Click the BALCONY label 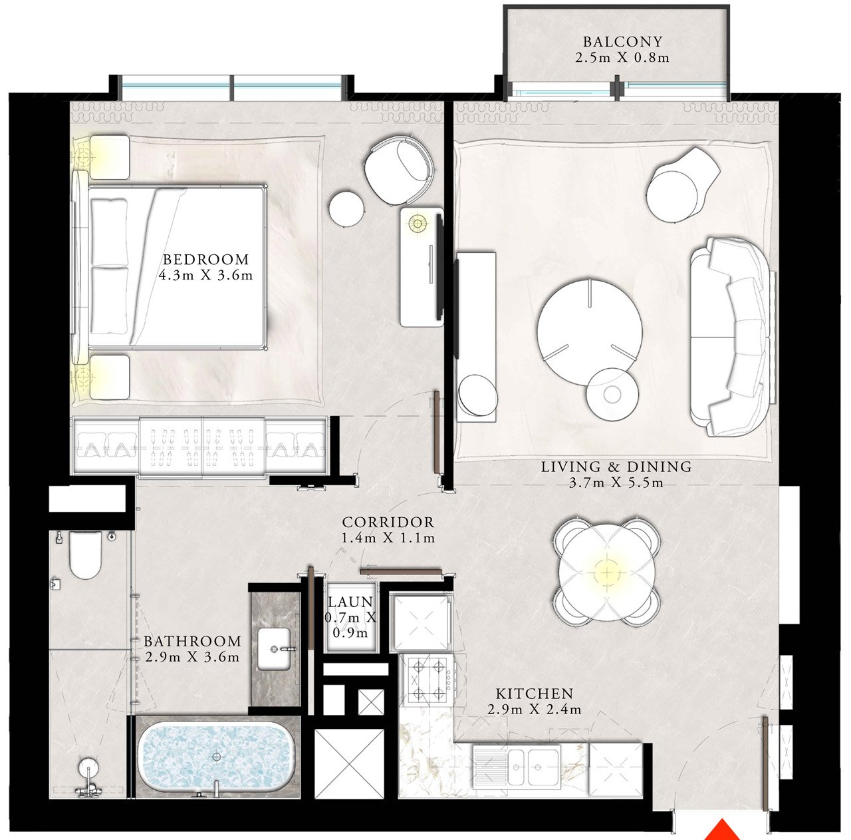(x=623, y=41)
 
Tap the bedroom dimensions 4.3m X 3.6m (x=206, y=276)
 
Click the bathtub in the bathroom (x=216, y=757)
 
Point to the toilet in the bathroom (x=86, y=555)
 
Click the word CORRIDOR (x=388, y=523)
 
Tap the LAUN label (x=350, y=602)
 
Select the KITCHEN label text (x=535, y=694)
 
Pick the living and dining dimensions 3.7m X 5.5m (x=616, y=483)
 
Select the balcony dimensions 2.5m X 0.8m (x=623, y=57)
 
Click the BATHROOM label (x=193, y=641)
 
